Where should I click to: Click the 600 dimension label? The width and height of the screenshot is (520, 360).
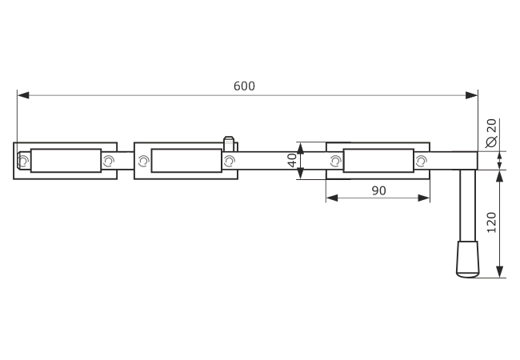[244, 86]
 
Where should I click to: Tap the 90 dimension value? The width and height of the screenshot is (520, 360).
[378, 190]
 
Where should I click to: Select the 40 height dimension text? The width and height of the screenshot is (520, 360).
[292, 160]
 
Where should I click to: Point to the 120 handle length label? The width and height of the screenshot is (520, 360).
[491, 222]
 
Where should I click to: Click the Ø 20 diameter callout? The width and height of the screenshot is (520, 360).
[491, 133]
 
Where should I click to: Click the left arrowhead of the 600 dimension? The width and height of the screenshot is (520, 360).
[23, 95]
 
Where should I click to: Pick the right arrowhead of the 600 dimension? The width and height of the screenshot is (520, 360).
[471, 95]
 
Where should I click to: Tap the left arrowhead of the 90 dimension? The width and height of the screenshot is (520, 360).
[332, 198]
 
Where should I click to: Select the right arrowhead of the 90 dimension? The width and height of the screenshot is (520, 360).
[424, 198]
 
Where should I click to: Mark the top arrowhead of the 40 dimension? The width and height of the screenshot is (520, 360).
[300, 149]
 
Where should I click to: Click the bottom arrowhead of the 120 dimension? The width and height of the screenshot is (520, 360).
[499, 271]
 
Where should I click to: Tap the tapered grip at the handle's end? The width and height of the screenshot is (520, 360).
[468, 259]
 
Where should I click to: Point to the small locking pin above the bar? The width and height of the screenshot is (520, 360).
[229, 143]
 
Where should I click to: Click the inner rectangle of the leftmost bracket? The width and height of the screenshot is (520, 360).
[66, 161]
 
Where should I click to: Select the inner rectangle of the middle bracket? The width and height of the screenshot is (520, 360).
[186, 161]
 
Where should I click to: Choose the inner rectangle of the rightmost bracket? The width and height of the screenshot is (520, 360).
[378, 161]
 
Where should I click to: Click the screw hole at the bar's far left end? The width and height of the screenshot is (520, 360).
[23, 161]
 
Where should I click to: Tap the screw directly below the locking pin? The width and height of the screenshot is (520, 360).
[229, 161]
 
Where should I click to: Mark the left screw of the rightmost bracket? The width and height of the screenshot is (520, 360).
[336, 161]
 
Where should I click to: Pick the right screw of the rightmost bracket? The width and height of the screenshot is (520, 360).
[421, 161]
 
